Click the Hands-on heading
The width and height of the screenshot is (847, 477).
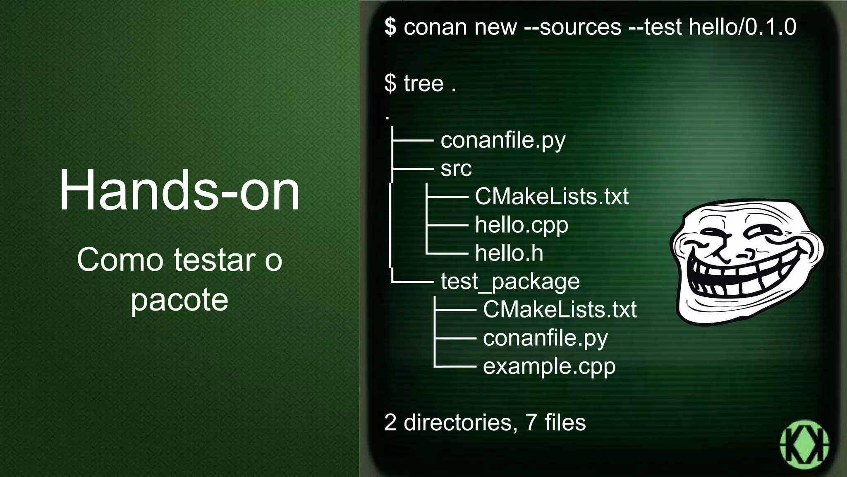pos(179,190)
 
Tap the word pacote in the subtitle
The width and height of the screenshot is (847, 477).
pos(179,300)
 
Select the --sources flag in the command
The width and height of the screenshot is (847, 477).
pos(572,27)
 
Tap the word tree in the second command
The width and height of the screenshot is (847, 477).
pos(423,83)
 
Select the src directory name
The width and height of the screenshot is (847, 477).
pos(456,169)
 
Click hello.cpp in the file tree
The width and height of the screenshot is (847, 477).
pos(522,225)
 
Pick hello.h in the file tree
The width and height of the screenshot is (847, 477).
pos(509,253)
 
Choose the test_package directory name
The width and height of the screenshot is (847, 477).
pos(510,282)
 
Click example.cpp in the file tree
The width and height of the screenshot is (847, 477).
pos(549,366)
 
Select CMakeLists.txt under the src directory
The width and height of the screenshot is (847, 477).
pos(552,196)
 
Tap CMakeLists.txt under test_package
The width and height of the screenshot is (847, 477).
pos(560,309)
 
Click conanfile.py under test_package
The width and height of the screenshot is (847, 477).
pos(545,338)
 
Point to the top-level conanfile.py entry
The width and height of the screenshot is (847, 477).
pos(503,140)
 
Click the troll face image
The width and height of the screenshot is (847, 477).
pos(747,262)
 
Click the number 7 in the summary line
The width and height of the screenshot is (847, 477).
pos(531,423)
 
